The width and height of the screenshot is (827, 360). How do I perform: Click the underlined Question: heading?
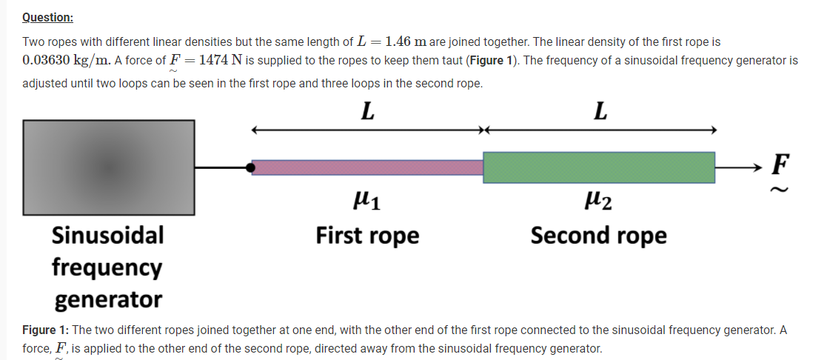tap(47, 17)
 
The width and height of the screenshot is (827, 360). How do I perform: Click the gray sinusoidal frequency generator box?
tap(109, 168)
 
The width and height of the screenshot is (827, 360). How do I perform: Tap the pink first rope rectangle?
tap(367, 167)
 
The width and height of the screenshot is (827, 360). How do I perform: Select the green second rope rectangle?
tap(599, 167)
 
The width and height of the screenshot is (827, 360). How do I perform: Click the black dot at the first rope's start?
tap(252, 168)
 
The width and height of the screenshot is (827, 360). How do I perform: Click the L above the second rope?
tap(600, 112)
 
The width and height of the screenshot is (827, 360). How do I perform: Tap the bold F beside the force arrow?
tap(780, 162)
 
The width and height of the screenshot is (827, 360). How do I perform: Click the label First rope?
tap(367, 236)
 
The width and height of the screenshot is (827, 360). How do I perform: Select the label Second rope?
tap(598, 236)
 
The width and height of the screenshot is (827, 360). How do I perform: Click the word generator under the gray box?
tap(108, 299)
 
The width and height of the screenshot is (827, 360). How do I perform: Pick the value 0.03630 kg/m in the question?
tap(64, 59)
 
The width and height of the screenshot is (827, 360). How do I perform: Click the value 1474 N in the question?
tap(217, 59)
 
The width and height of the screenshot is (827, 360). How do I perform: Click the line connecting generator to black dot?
tap(221, 168)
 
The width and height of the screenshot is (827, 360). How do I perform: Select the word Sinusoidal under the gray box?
tap(108, 236)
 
